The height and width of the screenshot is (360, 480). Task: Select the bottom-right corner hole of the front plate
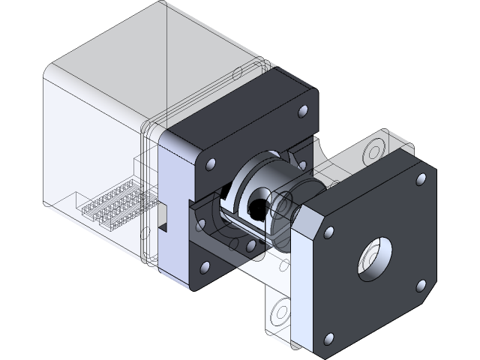coord(421,286)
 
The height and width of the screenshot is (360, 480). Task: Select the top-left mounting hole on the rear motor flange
coord(210,163)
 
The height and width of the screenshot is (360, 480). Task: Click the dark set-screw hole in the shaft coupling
coord(259,206)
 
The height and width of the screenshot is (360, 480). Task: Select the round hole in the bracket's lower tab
coord(282,308)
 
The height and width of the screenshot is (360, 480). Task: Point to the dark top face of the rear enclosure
coord(150,52)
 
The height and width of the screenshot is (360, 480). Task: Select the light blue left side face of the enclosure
coord(90,150)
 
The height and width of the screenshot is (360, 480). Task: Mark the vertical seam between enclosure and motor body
coord(142,195)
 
